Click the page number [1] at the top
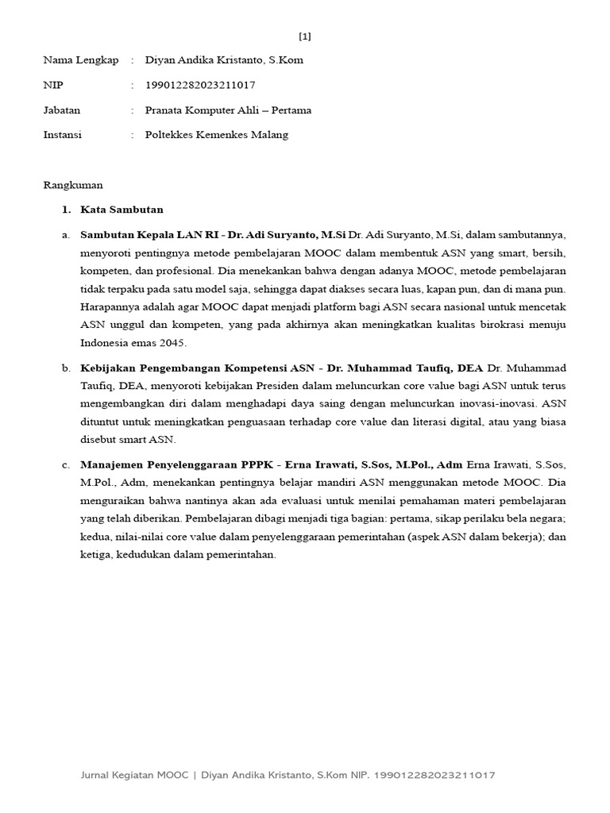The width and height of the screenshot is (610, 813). click(305, 37)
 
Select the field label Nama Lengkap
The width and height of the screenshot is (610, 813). click(80, 60)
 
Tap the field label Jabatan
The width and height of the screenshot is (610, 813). click(62, 110)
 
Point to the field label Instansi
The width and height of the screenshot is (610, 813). click(63, 135)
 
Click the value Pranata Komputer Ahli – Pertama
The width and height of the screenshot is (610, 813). click(228, 110)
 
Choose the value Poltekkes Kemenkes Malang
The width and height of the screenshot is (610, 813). click(217, 135)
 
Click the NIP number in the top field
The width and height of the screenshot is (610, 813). click(200, 85)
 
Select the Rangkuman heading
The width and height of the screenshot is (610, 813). click(73, 185)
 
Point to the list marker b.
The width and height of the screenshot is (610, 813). click(66, 369)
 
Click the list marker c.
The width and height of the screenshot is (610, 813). click(66, 464)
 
